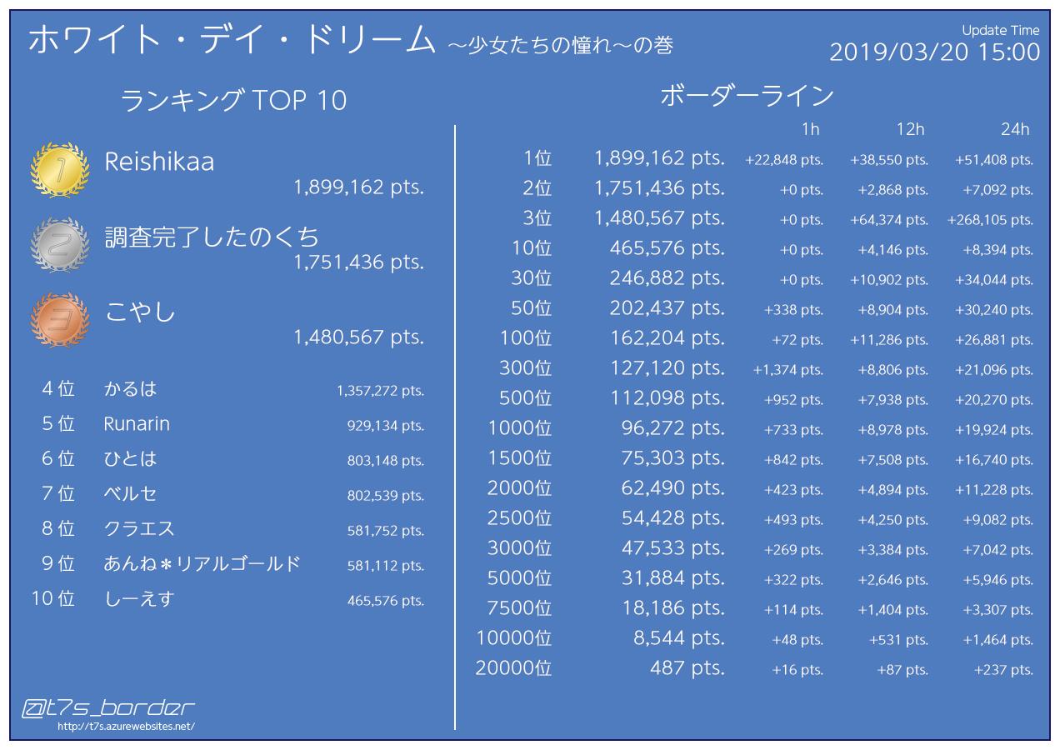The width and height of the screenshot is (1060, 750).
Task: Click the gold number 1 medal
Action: click(59, 171)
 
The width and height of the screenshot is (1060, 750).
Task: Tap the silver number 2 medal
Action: click(59, 245)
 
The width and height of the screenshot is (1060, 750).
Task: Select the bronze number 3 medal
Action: click(59, 320)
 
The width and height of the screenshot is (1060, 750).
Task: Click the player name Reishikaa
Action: click(159, 162)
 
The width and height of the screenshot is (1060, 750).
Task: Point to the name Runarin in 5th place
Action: click(137, 424)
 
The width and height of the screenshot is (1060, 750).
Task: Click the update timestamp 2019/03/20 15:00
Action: click(934, 52)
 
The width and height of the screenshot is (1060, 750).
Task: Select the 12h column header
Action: click(910, 129)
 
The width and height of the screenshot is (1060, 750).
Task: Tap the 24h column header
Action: click(1015, 129)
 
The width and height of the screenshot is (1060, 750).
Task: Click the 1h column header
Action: click(810, 129)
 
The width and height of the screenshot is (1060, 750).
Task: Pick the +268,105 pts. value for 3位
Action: click(990, 220)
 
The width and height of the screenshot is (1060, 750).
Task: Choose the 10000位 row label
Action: click(513, 638)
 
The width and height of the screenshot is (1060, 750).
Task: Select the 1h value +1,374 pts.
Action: click(787, 370)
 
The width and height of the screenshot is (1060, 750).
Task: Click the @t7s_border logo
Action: click(108, 709)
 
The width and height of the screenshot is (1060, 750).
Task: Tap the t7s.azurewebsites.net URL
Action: click(126, 727)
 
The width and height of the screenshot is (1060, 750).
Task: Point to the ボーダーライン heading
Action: click(747, 97)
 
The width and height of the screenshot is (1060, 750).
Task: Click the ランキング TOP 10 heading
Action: click(233, 101)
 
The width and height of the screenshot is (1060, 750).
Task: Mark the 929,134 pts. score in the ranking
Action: click(385, 426)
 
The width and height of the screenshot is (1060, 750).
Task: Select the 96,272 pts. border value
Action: click(672, 428)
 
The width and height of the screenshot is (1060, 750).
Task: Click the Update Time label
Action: click(1000, 30)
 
